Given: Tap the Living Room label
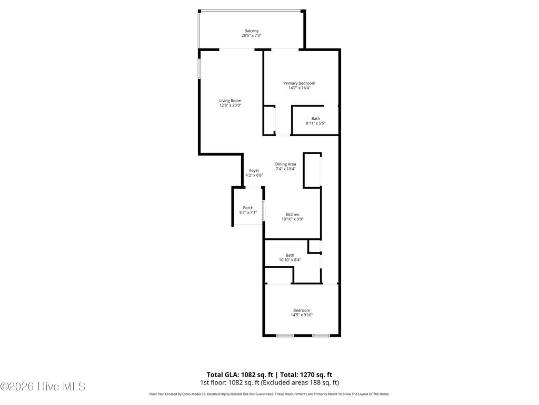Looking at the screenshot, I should tap(230, 100).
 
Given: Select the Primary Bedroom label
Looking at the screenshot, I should tap(299, 83).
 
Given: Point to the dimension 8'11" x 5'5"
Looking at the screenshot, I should tap(316, 123).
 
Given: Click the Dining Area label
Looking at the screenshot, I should tap(285, 164).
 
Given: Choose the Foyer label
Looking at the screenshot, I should tap(254, 170).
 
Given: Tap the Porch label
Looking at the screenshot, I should tap(248, 208).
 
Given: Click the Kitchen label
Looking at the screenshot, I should tap(292, 214).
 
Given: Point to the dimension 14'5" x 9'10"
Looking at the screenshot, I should tap(302, 315).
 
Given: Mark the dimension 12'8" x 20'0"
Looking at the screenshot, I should tap(230, 105).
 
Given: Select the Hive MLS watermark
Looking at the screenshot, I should tap(43, 387).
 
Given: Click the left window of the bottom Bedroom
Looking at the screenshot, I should tap(285, 335).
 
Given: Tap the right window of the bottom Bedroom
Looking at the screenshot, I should tap(321, 335).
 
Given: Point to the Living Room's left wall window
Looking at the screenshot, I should tap(199, 69).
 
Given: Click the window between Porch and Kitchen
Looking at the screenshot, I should tap(263, 210).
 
